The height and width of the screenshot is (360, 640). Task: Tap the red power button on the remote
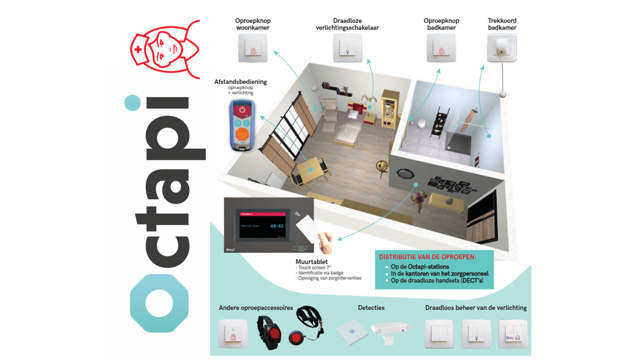click(241, 110)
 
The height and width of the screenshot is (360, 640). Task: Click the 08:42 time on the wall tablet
click(277, 226)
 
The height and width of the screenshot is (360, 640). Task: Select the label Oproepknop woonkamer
click(253, 24)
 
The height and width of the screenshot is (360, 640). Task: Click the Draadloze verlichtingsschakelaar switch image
click(348, 48)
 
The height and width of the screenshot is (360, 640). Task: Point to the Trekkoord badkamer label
click(502, 24)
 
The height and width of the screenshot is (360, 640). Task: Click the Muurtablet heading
click(311, 262)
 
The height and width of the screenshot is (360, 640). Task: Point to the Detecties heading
click(371, 308)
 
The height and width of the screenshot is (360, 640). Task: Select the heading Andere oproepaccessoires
click(256, 308)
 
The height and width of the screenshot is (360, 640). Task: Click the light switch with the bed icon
click(513, 334)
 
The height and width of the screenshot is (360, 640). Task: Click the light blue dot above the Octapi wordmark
click(132, 103)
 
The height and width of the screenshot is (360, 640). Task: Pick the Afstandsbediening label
click(241, 82)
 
